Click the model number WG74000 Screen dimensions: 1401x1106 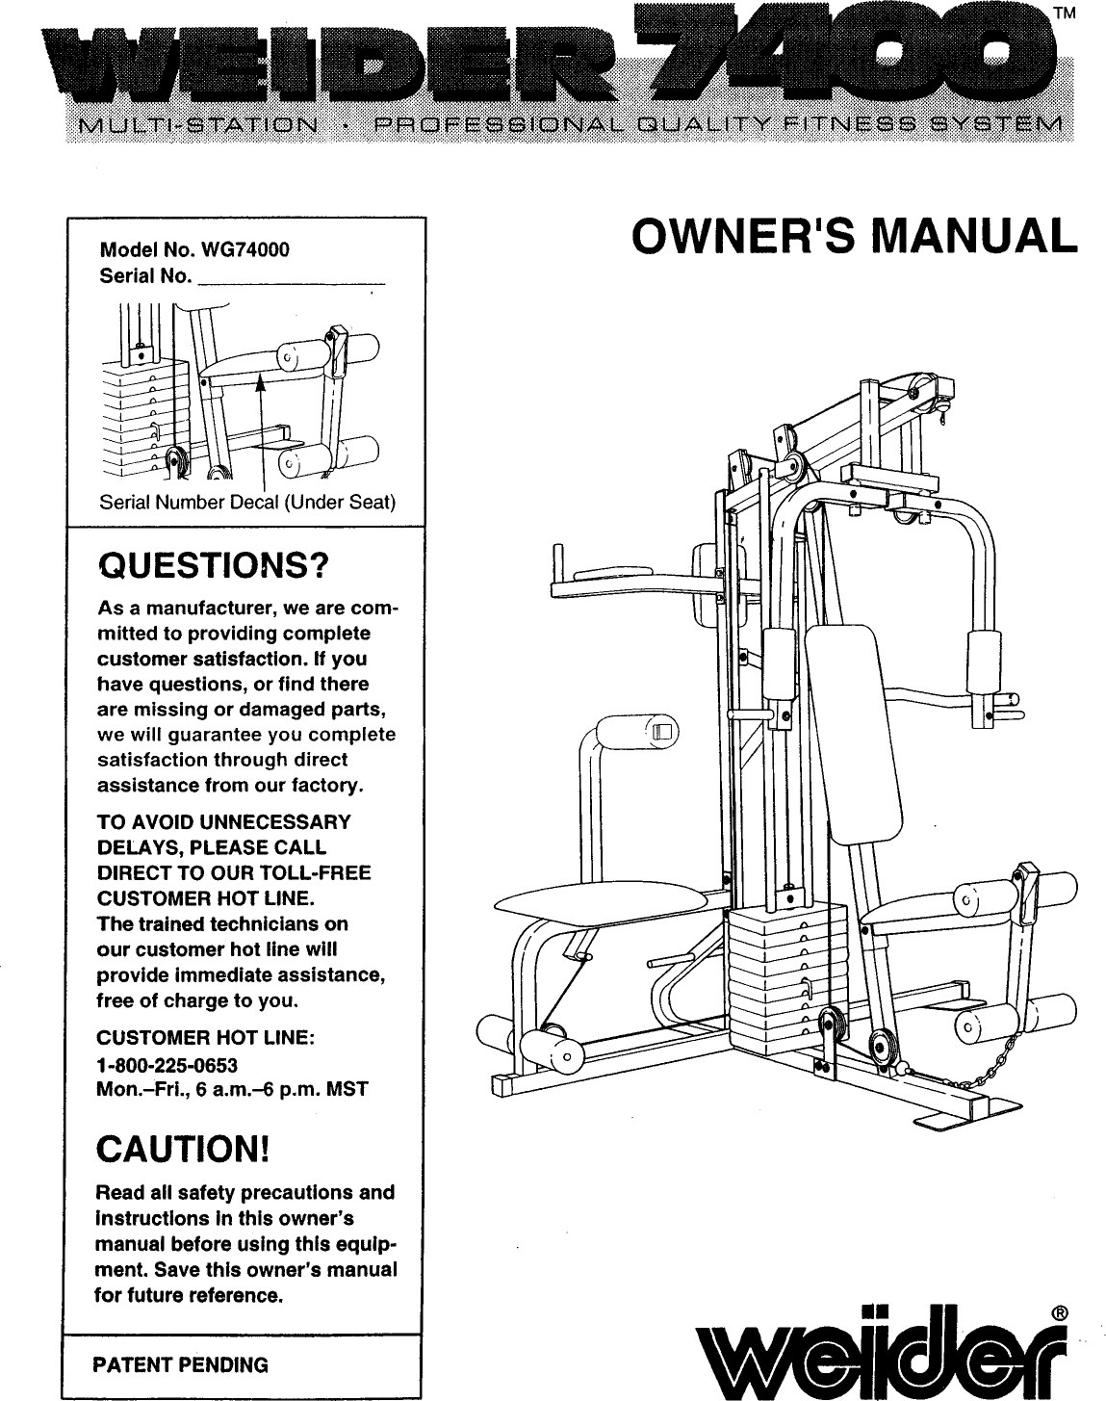[x=244, y=250]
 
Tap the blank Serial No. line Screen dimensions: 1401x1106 [x=290, y=279]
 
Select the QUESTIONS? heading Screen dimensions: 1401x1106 [x=214, y=565]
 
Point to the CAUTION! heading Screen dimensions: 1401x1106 [x=182, y=1150]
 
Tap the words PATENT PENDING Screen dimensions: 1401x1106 [x=180, y=1365]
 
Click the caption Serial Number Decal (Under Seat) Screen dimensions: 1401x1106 [x=248, y=504]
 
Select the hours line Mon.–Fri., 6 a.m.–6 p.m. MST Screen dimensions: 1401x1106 [x=232, y=1091]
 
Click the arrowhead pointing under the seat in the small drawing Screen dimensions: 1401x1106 [x=259, y=386]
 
